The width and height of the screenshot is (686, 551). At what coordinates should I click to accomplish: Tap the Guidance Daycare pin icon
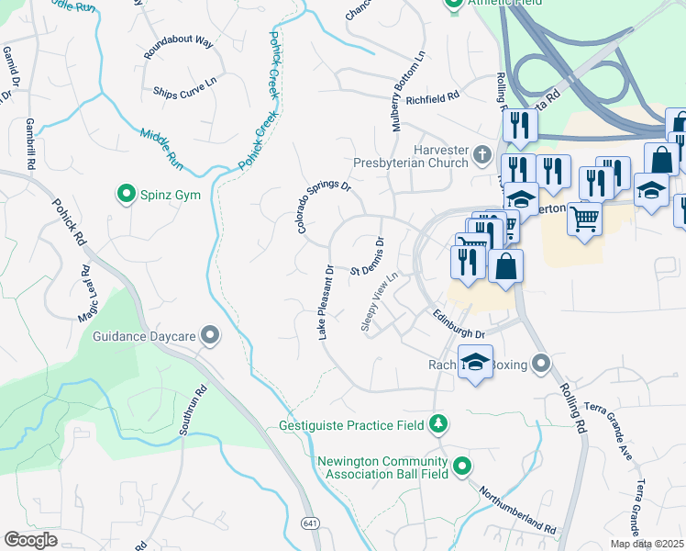pos(211,336)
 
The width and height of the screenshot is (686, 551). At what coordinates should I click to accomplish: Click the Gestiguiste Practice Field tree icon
pos(440,424)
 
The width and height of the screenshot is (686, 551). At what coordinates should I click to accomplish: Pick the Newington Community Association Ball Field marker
pos(462,467)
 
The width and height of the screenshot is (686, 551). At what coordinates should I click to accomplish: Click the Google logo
pos(30,540)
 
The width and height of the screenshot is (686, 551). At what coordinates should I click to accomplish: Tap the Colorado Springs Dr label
pos(324,206)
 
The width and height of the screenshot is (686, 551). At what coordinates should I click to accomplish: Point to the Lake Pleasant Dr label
pos(326,302)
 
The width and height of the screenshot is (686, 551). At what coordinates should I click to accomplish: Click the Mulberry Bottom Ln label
pos(409,91)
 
